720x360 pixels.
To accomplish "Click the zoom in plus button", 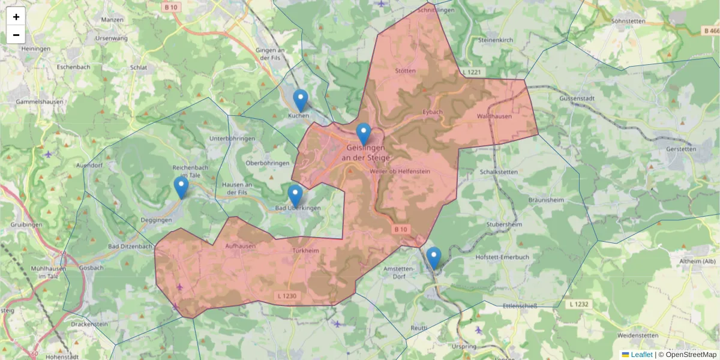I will point(16,16).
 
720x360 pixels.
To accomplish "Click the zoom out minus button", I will point(16,35).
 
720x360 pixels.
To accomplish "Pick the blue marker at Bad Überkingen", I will point(295,196).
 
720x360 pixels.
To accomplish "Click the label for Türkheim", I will point(305,251).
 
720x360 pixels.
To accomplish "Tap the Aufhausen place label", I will point(240,246).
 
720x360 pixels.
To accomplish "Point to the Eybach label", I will point(433,112).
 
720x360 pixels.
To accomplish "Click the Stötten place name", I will point(406,71).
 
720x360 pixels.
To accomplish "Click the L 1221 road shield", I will point(472,72).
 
